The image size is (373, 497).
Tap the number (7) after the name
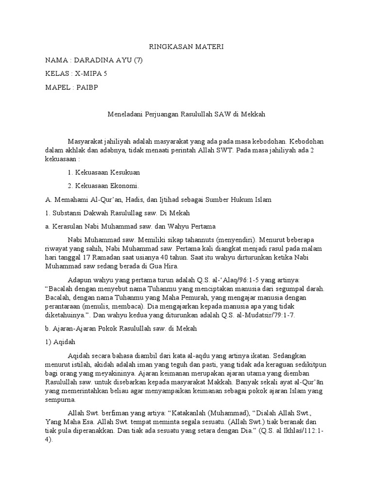click(x=137, y=60)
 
